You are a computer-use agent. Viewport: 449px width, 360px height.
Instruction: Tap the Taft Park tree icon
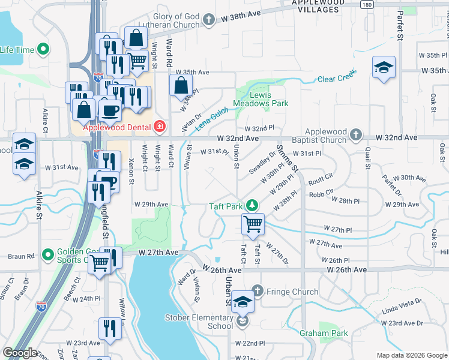click(252, 206)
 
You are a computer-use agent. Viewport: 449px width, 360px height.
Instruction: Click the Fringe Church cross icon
click(258, 292)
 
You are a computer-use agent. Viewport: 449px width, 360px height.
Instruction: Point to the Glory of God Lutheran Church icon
click(208, 20)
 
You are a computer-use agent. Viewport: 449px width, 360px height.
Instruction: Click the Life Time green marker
click(43, 49)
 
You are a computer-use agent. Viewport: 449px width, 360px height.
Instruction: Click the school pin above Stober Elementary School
click(243, 302)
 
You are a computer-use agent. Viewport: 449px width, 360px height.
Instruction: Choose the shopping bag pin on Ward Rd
click(181, 86)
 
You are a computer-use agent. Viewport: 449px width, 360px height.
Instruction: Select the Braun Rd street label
click(22, 256)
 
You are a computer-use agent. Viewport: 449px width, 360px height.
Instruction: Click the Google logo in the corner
click(20, 353)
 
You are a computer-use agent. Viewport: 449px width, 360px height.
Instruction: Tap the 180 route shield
click(366, 4)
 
